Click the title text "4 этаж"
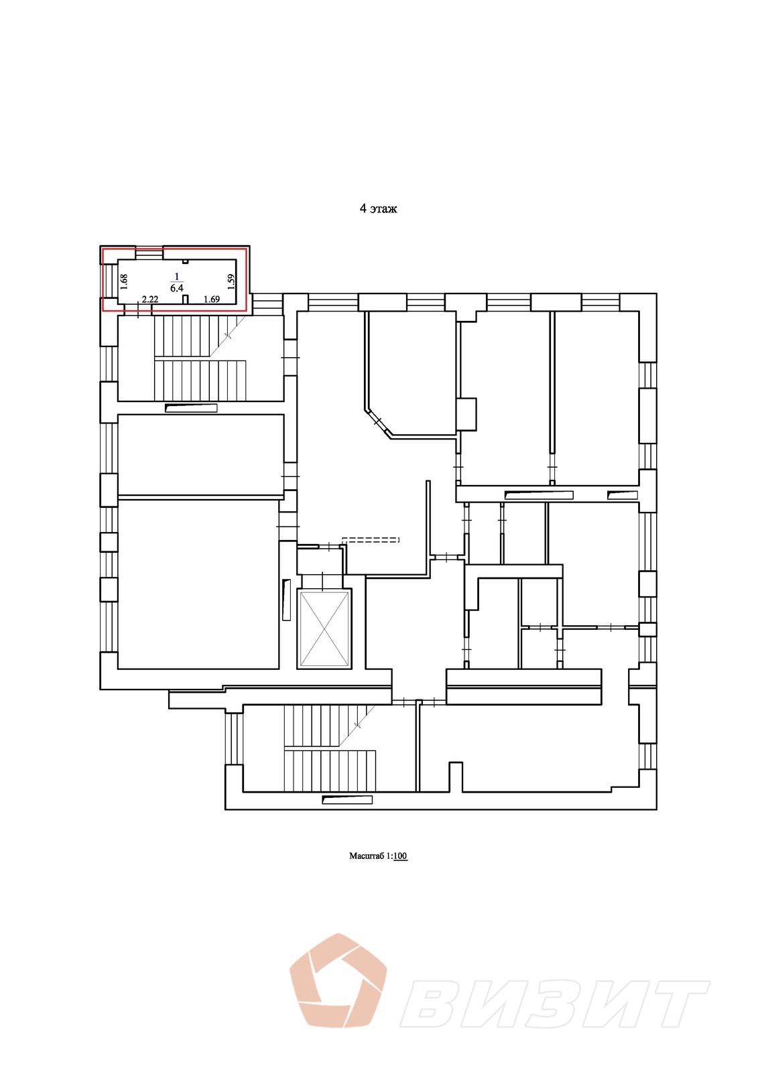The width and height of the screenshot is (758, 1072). point(378,209)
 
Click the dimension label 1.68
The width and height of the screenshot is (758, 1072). point(124,281)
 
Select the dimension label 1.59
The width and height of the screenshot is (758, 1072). point(231,281)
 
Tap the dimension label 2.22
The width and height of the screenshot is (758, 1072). point(150,299)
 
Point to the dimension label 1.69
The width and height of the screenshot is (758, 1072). point(212,299)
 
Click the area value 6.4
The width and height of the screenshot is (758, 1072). point(177,288)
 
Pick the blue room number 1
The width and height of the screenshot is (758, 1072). point(177,276)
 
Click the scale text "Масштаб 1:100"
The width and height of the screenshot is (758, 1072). point(378,856)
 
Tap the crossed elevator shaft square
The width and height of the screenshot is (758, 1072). point(324,628)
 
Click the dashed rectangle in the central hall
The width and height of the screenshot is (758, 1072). point(371,539)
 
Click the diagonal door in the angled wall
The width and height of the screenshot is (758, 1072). point(377,421)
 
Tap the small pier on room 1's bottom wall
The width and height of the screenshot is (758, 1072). point(186,299)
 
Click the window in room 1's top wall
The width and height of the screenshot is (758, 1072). point(149,253)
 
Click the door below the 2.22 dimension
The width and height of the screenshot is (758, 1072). point(138,310)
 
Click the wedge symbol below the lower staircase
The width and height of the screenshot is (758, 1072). point(347,799)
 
